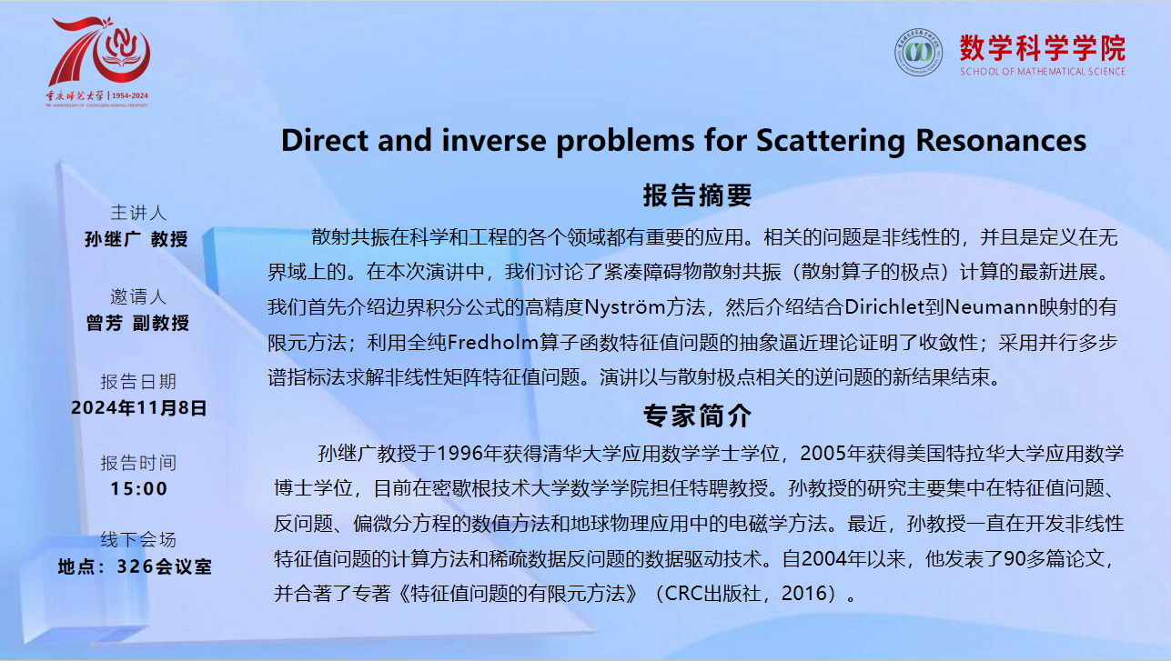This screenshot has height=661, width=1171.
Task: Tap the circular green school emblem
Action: pyautogui.click(x=918, y=52)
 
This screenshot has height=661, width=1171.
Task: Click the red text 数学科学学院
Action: pyautogui.click(x=1043, y=48)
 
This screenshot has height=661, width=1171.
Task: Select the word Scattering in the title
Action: pyautogui.click(x=831, y=141)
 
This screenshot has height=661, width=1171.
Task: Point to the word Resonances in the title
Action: pyautogui.click(x=1001, y=141)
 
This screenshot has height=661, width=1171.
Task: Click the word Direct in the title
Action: pyautogui.click(x=325, y=141)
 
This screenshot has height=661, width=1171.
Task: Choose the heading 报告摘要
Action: pyautogui.click(x=697, y=195)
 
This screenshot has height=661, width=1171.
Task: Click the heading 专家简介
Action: pyautogui.click(x=697, y=416)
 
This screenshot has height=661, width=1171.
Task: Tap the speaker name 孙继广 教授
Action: pyautogui.click(x=136, y=239)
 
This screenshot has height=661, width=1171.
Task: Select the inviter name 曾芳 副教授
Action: pyautogui.click(x=137, y=323)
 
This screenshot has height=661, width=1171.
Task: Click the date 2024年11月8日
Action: pyautogui.click(x=138, y=407)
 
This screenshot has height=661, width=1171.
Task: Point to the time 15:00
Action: pyautogui.click(x=138, y=488)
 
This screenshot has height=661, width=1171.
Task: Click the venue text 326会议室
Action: pyautogui.click(x=164, y=566)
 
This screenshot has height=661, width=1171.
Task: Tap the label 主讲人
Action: pyautogui.click(x=138, y=213)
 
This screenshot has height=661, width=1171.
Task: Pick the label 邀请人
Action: pyautogui.click(x=138, y=296)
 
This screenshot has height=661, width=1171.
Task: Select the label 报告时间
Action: pyautogui.click(x=138, y=463)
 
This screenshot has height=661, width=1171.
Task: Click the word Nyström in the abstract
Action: pyautogui.click(x=644, y=307)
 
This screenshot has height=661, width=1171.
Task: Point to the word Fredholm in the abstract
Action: pyautogui.click(x=493, y=342)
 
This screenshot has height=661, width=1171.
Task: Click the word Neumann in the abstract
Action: pyautogui.click(x=991, y=306)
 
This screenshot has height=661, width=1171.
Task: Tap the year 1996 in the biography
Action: pyautogui.click(x=459, y=454)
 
